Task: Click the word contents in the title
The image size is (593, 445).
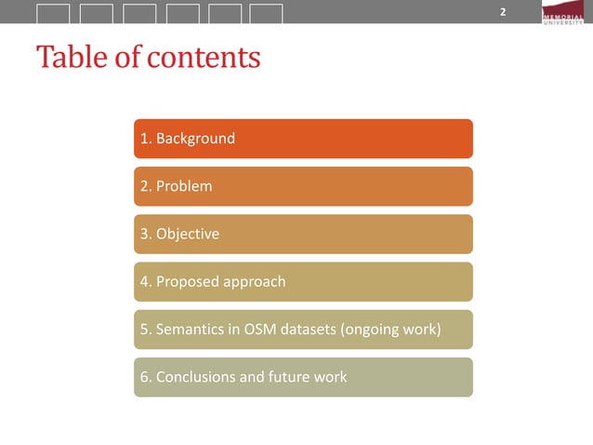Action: click(x=204, y=58)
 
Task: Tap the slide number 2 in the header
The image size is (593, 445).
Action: click(x=503, y=12)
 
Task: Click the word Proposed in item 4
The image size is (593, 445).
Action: click(x=184, y=281)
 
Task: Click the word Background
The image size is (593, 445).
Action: click(x=195, y=139)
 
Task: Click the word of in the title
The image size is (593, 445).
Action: click(x=131, y=58)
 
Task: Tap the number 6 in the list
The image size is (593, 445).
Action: click(x=144, y=376)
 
